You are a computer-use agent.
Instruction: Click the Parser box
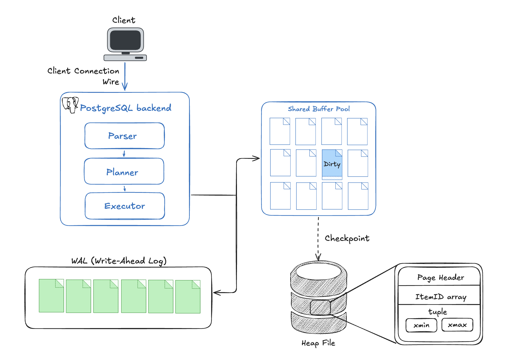[x=124, y=136]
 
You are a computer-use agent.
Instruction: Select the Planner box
[x=124, y=171]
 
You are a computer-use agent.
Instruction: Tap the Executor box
[x=125, y=206]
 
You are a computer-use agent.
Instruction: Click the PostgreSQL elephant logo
[x=70, y=105]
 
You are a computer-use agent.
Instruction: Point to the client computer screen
[x=125, y=40]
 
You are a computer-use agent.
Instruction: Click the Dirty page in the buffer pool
[x=332, y=164]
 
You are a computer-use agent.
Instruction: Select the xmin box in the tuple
[x=421, y=325]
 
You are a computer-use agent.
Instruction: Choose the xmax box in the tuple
[x=457, y=325]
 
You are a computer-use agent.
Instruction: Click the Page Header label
[x=440, y=277]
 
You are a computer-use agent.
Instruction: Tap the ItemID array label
[x=440, y=297]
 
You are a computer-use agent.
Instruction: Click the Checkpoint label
[x=347, y=238]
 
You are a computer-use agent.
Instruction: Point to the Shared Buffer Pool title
[x=318, y=109]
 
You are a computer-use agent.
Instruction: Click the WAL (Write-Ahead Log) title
[x=119, y=261]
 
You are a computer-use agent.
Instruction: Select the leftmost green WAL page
[x=51, y=296]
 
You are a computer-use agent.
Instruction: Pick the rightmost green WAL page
[x=188, y=297]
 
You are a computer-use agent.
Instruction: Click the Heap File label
[x=318, y=343]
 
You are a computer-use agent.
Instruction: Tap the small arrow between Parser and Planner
[x=124, y=153]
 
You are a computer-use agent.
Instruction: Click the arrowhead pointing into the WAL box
[x=217, y=293]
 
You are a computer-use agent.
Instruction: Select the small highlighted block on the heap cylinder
[x=320, y=307]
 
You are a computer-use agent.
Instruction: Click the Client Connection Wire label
[x=83, y=76]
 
